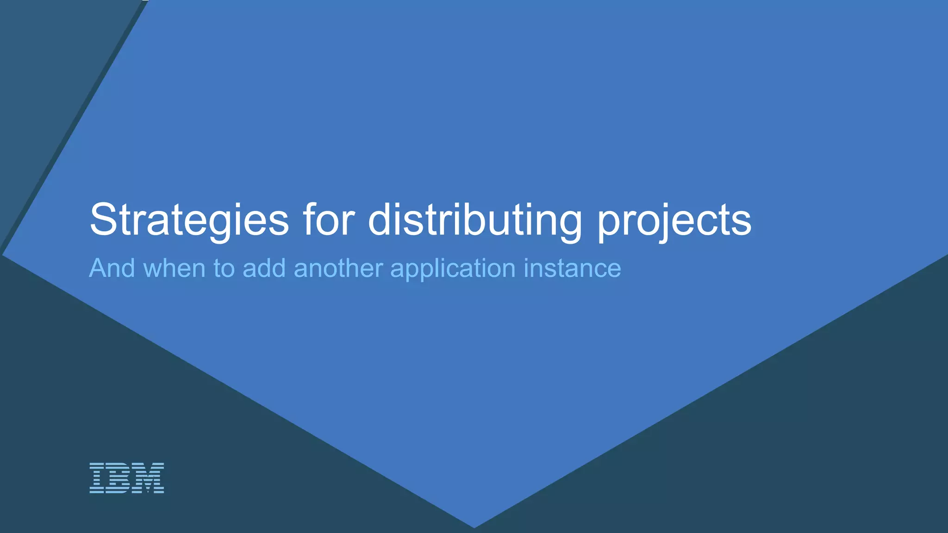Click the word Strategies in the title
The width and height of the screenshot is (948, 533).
pyautogui.click(x=189, y=220)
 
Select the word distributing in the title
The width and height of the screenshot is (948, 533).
pyautogui.click(x=475, y=220)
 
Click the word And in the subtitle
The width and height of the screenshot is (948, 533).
pyautogui.click(x=112, y=268)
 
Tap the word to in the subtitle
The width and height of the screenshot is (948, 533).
pyautogui.click(x=224, y=268)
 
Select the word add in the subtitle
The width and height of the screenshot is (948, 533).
pyautogui.click(x=264, y=268)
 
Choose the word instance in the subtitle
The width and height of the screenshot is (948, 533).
pyautogui.click(x=572, y=268)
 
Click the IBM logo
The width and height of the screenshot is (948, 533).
pyautogui.click(x=126, y=477)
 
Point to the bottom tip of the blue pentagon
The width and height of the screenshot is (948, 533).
pyautogui.click(x=474, y=527)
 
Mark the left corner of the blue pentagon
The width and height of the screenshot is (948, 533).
pyautogui.click(x=4, y=254)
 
